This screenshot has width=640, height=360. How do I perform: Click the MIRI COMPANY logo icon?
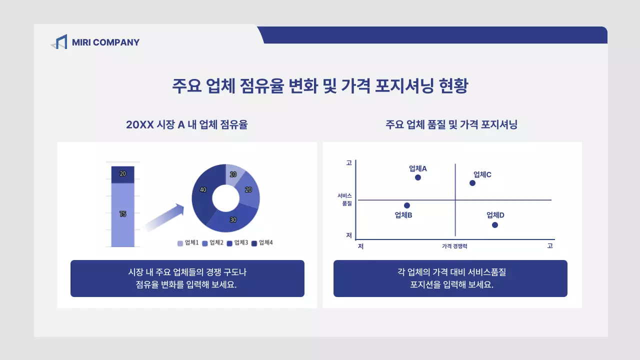tap(59, 42)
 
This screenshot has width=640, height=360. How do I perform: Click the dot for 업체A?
tap(418, 177)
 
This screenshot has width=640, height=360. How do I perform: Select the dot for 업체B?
tap(407, 205)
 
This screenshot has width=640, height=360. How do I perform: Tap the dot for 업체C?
tap(472, 183)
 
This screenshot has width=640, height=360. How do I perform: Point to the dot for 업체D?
tap(495, 225)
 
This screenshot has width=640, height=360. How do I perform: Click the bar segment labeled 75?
tap(122, 214)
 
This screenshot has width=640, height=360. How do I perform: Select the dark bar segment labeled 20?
tap(122, 174)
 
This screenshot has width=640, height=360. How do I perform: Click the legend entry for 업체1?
tap(188, 243)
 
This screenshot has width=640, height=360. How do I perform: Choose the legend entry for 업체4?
tap(262, 243)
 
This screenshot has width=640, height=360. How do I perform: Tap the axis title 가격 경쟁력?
tap(454, 246)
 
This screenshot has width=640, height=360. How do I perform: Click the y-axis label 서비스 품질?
tap(344, 199)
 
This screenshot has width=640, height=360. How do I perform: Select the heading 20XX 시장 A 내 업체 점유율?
tap(186, 125)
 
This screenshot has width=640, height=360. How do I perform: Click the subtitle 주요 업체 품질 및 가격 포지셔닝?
tap(451, 125)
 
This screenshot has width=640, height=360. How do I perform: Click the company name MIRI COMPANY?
tap(105, 42)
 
